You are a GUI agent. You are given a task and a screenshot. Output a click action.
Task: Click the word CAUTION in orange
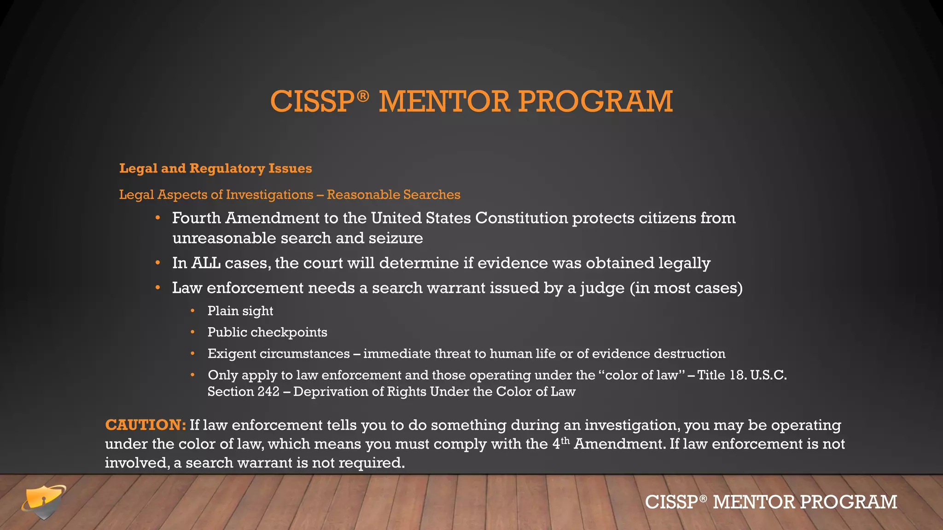(145, 425)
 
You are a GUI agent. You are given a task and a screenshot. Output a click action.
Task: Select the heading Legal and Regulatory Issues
(215, 168)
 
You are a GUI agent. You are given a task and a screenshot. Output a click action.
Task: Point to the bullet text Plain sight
(240, 311)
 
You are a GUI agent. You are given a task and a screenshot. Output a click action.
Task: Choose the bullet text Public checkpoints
(267, 332)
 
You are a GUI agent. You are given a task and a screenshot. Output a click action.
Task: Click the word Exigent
(232, 354)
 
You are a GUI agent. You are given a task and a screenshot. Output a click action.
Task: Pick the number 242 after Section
(268, 392)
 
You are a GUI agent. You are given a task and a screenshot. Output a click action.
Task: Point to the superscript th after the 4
(565, 441)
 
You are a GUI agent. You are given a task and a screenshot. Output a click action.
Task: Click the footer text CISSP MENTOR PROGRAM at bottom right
(771, 502)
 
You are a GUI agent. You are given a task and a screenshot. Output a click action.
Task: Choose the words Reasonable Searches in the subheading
(393, 195)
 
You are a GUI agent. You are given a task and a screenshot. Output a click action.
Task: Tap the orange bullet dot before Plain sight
(192, 311)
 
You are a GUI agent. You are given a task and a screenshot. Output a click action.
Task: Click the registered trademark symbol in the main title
(363, 96)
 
